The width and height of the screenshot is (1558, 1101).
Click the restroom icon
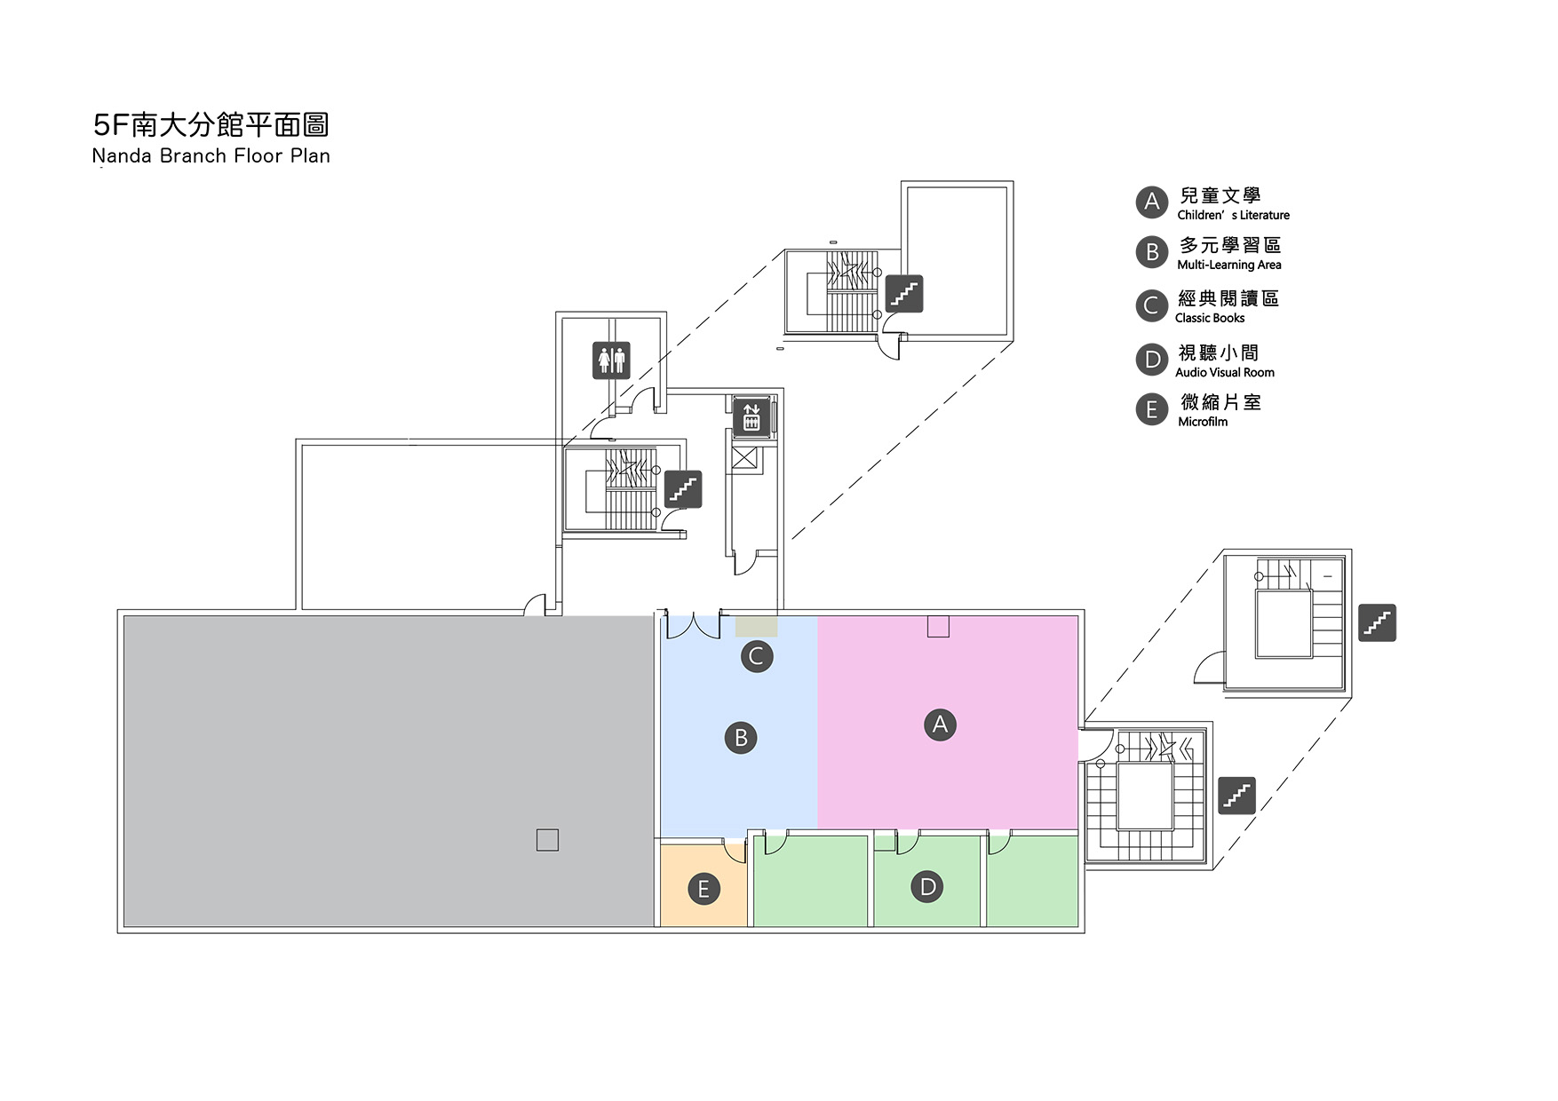pos(611,360)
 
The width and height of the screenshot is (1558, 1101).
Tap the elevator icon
pos(751,416)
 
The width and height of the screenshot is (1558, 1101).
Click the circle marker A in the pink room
pos(940,725)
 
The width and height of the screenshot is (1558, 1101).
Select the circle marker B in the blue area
pos(741,738)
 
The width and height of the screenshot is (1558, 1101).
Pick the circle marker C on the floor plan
pos(757,656)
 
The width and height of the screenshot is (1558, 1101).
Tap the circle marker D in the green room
pos(927,886)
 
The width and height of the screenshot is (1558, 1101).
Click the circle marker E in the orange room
pos(703,889)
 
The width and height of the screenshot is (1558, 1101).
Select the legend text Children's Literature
pos(1233,215)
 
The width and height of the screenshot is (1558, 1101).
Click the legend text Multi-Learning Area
pos(1228,265)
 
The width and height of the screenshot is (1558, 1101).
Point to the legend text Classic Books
pos(1209,318)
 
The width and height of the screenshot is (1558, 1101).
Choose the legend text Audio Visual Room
pos(1224,372)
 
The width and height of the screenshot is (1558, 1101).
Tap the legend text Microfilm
pos(1202,422)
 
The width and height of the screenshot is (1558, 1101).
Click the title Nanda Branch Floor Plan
pos(211,156)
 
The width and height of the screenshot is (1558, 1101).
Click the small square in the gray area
pos(547,840)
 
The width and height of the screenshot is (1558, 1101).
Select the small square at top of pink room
pos(938,627)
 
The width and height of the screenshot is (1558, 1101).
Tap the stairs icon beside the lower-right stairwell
pos(1236,796)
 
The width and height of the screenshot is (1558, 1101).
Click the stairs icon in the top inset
pos(904,294)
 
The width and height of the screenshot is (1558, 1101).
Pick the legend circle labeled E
pos(1152,409)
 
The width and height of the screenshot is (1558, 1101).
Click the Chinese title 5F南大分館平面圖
pos(211,125)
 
